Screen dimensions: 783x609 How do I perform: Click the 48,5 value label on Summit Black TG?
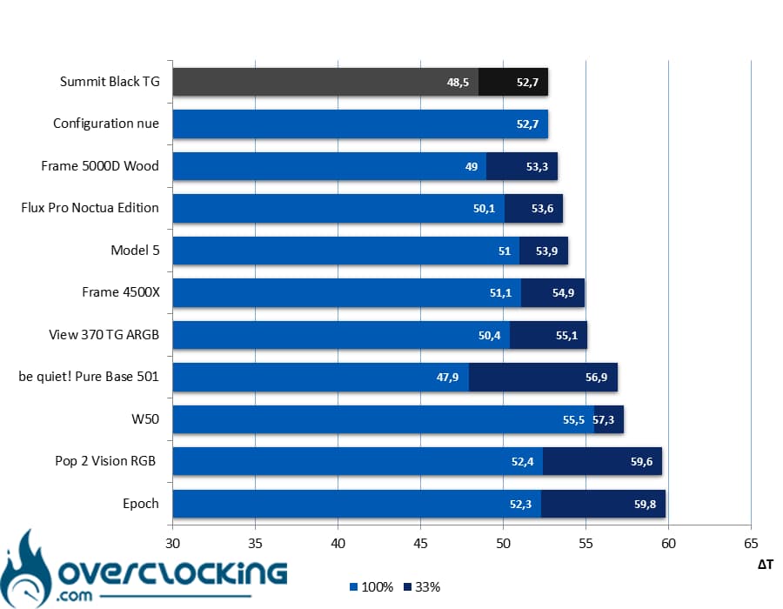click(x=458, y=82)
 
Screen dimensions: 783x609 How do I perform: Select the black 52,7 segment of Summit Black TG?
click(x=512, y=82)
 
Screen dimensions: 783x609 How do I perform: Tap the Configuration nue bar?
click(x=360, y=124)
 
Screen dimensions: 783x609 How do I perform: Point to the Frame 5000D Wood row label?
click(x=100, y=165)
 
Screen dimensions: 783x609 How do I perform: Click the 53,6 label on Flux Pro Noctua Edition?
click(x=542, y=208)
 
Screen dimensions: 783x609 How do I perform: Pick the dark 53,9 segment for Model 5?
click(x=543, y=251)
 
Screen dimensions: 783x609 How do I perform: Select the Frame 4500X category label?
click(x=121, y=292)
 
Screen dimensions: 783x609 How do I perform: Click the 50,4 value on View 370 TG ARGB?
click(x=489, y=335)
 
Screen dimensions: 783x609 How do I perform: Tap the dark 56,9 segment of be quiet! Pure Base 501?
click(x=543, y=378)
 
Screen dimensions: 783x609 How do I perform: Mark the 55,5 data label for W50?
click(x=573, y=420)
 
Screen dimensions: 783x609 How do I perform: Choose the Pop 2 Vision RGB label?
click(x=105, y=461)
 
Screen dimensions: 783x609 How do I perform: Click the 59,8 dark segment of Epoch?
click(x=603, y=505)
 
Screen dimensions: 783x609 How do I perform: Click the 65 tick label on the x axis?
click(x=751, y=543)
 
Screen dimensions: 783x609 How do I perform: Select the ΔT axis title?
click(x=765, y=565)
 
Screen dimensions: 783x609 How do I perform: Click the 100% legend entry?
click(x=371, y=587)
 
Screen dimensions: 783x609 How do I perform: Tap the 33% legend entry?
click(x=422, y=587)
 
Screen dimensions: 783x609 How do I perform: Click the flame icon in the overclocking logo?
click(x=25, y=569)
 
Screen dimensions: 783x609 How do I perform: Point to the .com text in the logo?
click(x=74, y=596)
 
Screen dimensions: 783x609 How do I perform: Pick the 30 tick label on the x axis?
click(x=172, y=543)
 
